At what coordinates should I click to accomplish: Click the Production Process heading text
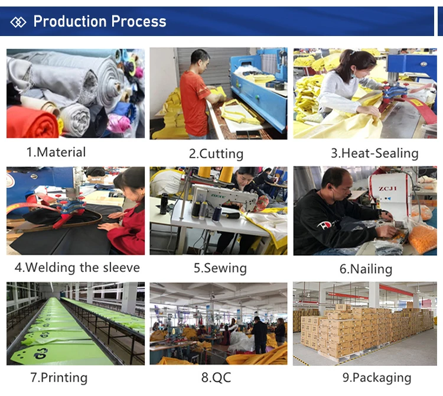[x=99, y=22]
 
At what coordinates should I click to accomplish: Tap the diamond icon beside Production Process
[x=19, y=22]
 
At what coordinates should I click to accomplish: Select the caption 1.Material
[x=56, y=152]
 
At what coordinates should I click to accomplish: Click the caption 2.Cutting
[x=216, y=154]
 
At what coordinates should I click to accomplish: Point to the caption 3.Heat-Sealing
[x=374, y=153]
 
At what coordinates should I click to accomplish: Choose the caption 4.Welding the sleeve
[x=77, y=267]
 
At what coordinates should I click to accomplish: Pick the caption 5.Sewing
[x=220, y=268]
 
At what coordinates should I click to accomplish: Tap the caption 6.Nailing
[x=365, y=269]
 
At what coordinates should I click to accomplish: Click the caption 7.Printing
[x=58, y=378]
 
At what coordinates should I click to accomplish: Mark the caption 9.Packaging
[x=376, y=378]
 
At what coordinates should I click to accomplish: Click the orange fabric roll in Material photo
[x=32, y=123]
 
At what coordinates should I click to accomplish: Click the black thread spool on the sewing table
[x=165, y=205]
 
